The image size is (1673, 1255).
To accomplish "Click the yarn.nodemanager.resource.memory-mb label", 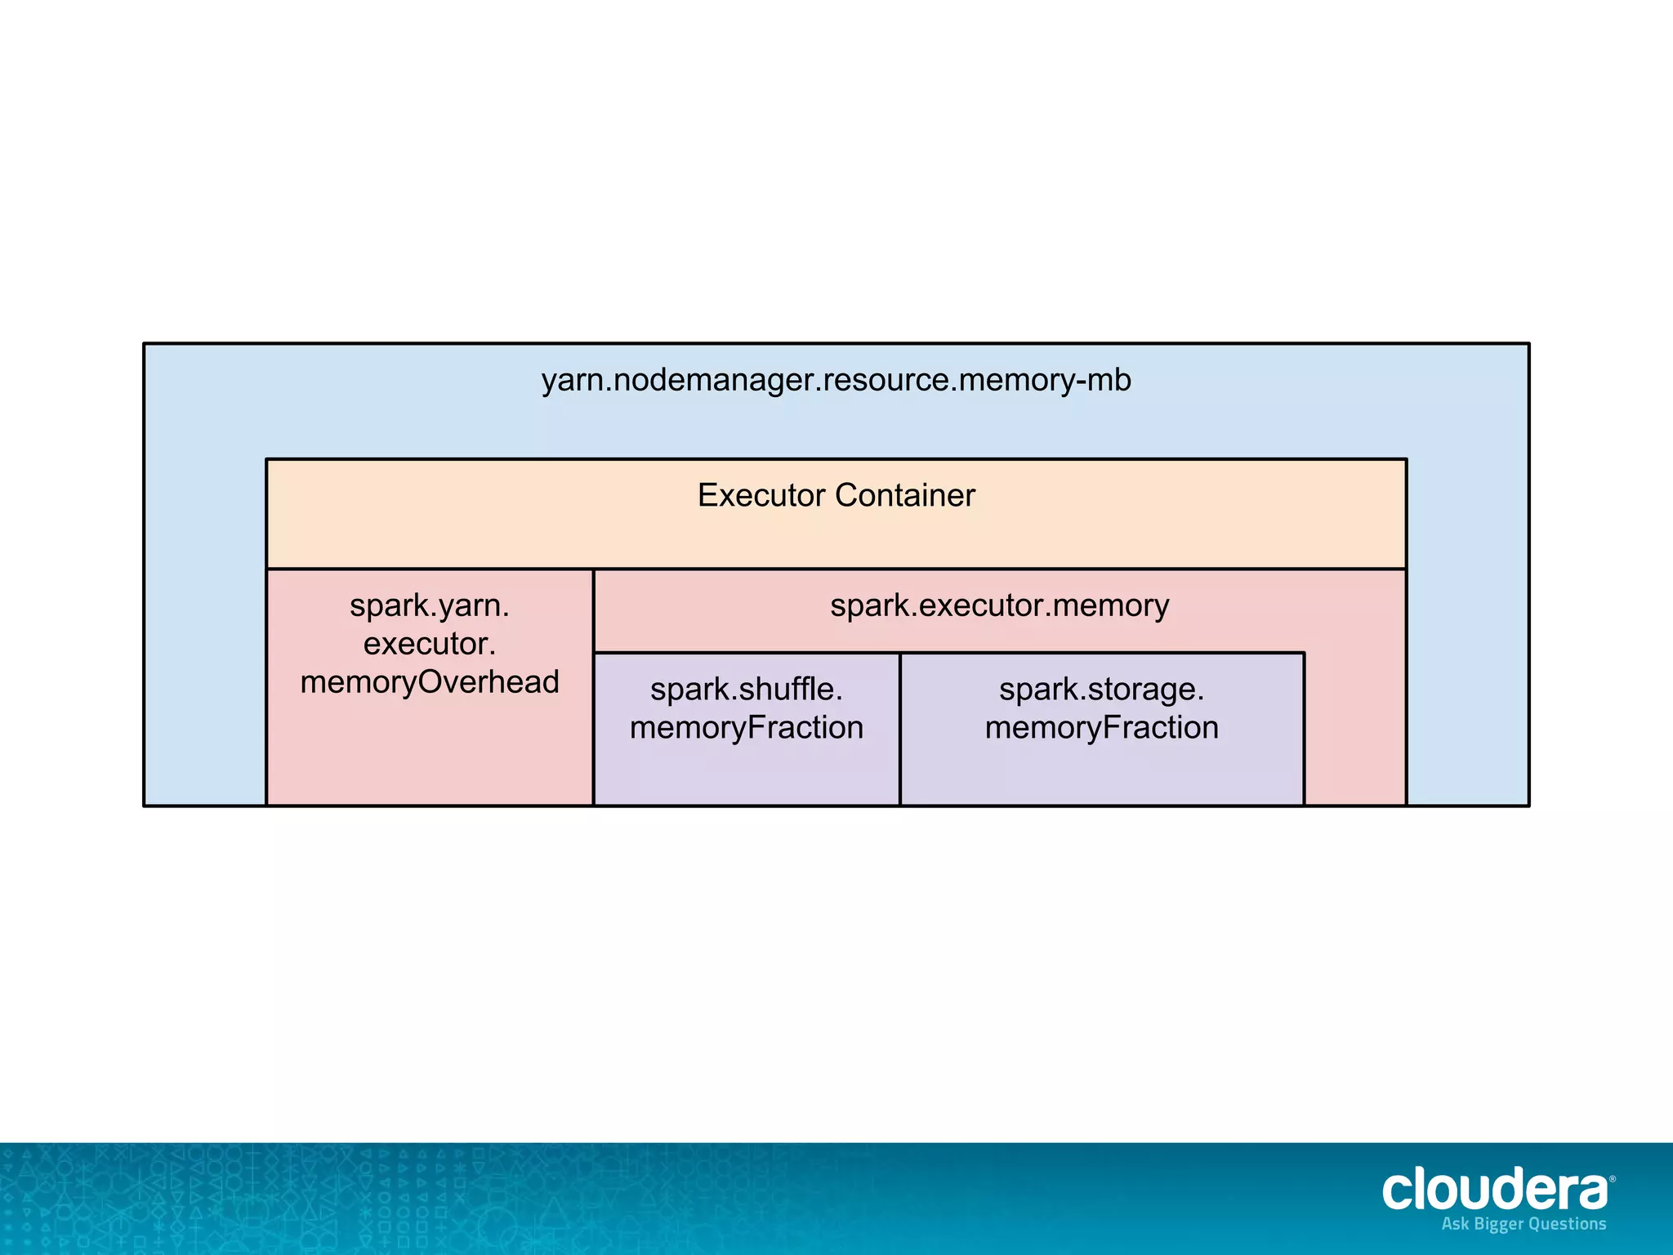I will pyautogui.click(x=836, y=381).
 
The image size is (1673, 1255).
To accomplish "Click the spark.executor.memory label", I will pyautogui.click(x=999, y=606).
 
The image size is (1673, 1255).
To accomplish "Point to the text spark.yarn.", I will pyautogui.click(x=430, y=606).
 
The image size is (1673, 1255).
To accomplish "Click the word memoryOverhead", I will pyautogui.click(x=430, y=682).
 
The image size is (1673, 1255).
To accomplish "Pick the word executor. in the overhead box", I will pyautogui.click(x=430, y=644).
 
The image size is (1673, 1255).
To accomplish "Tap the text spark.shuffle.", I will pyautogui.click(x=746, y=690).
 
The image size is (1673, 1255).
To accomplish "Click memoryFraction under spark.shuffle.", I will pyautogui.click(x=746, y=728).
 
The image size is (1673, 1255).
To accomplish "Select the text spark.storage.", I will pyautogui.click(x=1101, y=690).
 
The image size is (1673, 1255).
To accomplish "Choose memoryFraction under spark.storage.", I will pyautogui.click(x=1101, y=728).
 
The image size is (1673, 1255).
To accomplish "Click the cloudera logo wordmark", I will pyautogui.click(x=1493, y=1190).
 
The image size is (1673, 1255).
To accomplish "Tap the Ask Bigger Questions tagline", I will pyautogui.click(x=1524, y=1224).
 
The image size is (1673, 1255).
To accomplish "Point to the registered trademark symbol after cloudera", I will pyautogui.click(x=1612, y=1179).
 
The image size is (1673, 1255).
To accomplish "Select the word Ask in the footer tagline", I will pyautogui.click(x=1455, y=1223).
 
